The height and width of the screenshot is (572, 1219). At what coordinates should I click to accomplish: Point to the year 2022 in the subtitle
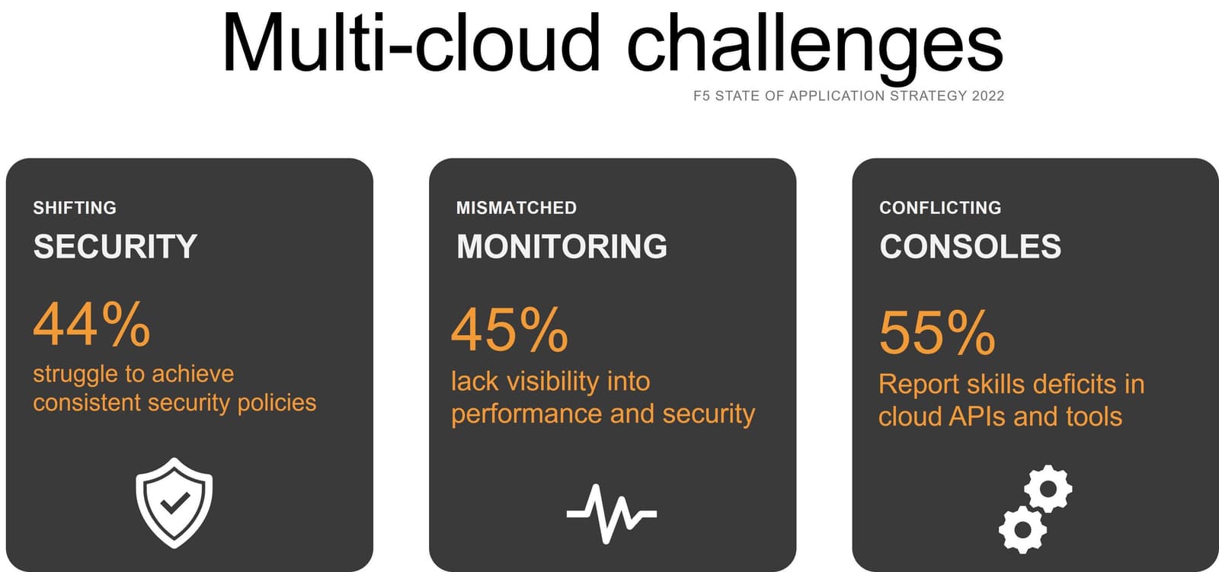[x=987, y=96]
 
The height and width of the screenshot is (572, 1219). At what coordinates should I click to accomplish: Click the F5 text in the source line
[x=701, y=96]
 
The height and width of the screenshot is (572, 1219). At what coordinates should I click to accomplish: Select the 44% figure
[x=92, y=324]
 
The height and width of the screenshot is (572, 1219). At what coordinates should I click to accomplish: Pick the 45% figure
[x=510, y=331]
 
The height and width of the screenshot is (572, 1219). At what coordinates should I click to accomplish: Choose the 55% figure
[x=937, y=333]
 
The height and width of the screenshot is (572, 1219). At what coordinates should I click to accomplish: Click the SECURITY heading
[x=115, y=247]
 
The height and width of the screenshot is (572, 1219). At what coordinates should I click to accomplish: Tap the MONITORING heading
[x=562, y=247]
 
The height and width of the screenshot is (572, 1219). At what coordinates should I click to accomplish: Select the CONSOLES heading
[x=970, y=247]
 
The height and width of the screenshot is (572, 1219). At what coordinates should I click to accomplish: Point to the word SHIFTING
[x=75, y=208]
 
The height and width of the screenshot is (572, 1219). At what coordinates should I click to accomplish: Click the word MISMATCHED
[x=516, y=208]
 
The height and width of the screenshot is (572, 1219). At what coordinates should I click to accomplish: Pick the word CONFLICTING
[x=940, y=208]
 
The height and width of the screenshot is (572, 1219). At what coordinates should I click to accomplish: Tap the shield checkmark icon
[x=174, y=502]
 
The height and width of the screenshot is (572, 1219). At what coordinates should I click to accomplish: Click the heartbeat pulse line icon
[x=611, y=513]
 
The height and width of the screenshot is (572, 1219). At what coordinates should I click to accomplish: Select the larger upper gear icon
[x=1048, y=488]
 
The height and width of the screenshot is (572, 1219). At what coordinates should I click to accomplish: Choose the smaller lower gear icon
[x=1022, y=529]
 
